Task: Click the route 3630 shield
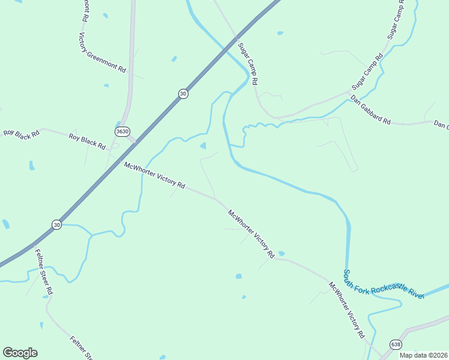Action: coord(122,131)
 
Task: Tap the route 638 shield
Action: coord(395,344)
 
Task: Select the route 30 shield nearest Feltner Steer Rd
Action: coord(56,224)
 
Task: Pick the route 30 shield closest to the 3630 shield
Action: coord(183,94)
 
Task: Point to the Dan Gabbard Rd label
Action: coord(370,109)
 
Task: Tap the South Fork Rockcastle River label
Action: coord(383,284)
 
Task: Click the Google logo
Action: coord(20,353)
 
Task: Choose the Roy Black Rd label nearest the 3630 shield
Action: coord(87,142)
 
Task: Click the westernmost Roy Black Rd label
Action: coord(21,133)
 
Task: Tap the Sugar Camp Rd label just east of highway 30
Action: coord(247,63)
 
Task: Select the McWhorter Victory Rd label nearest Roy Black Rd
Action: coord(154,175)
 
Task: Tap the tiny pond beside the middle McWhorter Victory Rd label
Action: coord(282,253)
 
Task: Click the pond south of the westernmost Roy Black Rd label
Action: coord(31,165)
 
